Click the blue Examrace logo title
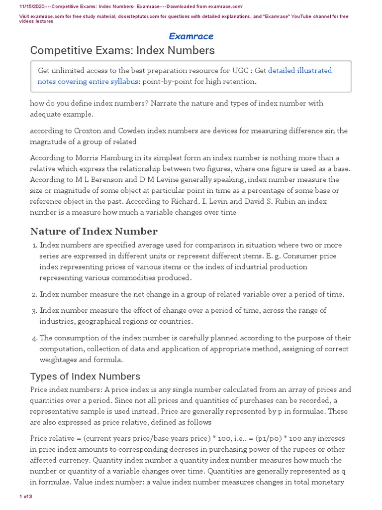point(191,36)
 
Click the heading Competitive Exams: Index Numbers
point(122,50)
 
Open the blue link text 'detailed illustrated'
point(300,71)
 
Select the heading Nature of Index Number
point(94,231)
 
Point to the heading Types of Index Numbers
point(85,376)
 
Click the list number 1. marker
point(34,246)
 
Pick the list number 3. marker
point(34,311)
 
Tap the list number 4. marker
point(34,338)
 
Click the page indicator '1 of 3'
point(25,497)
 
